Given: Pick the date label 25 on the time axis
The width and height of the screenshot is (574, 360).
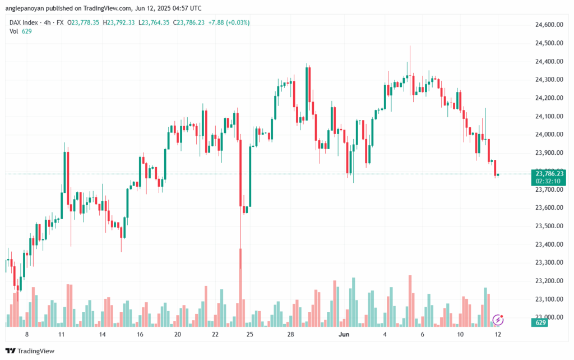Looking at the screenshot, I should click(x=249, y=334).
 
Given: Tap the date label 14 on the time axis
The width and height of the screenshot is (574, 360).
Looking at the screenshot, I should click(x=103, y=334).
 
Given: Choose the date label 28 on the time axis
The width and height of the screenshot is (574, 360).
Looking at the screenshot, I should click(x=291, y=334).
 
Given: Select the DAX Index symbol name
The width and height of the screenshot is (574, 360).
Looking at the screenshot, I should click(x=26, y=22).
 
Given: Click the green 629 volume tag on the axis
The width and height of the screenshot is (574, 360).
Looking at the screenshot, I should click(x=541, y=322).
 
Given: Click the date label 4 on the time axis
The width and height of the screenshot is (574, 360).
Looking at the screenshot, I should click(x=385, y=334).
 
